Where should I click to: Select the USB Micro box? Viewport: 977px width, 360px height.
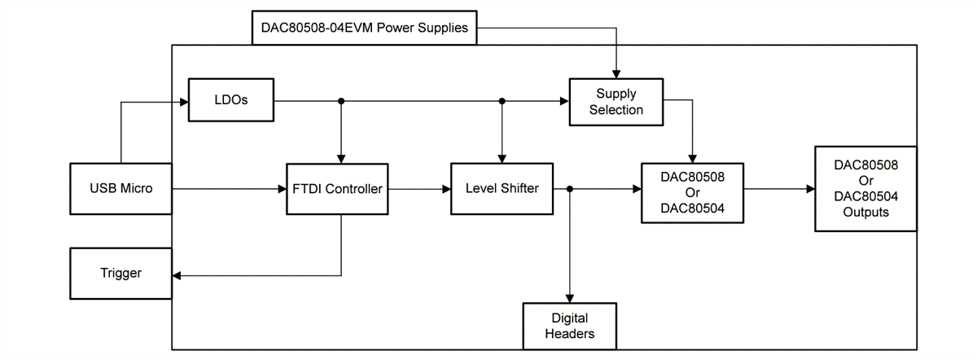pyautogui.click(x=120, y=189)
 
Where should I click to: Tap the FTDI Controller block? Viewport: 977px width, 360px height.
pyautogui.click(x=337, y=189)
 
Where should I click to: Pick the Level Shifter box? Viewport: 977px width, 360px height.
pyautogui.click(x=502, y=189)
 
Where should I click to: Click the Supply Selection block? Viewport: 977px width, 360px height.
pyautogui.click(x=616, y=102)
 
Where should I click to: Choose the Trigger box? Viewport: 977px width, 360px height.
pyautogui.click(x=120, y=274)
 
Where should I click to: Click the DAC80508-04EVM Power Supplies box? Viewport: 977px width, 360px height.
pyautogui.click(x=364, y=28)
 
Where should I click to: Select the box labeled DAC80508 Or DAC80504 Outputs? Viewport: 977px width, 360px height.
pyautogui.click(x=865, y=188)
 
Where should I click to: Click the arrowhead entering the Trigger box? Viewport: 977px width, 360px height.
pyautogui.click(x=177, y=275)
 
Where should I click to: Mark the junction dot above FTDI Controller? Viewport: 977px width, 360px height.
pyautogui.click(x=341, y=101)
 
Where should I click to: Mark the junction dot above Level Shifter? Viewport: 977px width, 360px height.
pyautogui.click(x=502, y=101)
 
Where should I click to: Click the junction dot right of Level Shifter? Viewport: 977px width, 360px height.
pyautogui.click(x=569, y=189)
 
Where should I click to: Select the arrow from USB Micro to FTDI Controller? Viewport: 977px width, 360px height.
pyautogui.click(x=228, y=189)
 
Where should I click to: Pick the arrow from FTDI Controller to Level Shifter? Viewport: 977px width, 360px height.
pyautogui.click(x=419, y=189)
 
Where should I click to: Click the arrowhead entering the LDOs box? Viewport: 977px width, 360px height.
pyautogui.click(x=183, y=102)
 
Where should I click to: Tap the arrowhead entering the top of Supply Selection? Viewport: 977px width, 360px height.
pyautogui.click(x=616, y=74)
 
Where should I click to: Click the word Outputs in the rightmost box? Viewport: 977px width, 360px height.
pyautogui.click(x=865, y=212)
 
